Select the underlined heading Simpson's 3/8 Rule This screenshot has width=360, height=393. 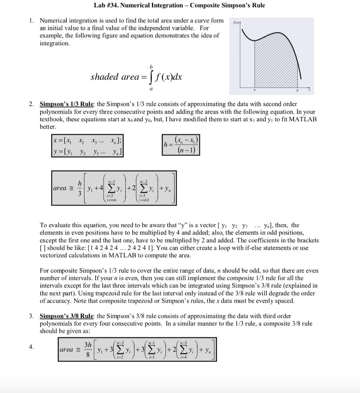(67, 316)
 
